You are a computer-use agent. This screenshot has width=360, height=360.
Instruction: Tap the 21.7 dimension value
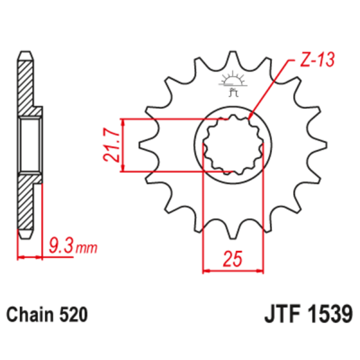110,145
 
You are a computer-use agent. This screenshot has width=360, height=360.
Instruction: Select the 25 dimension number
233,259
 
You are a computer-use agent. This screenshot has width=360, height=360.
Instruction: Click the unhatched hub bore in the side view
30,145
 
